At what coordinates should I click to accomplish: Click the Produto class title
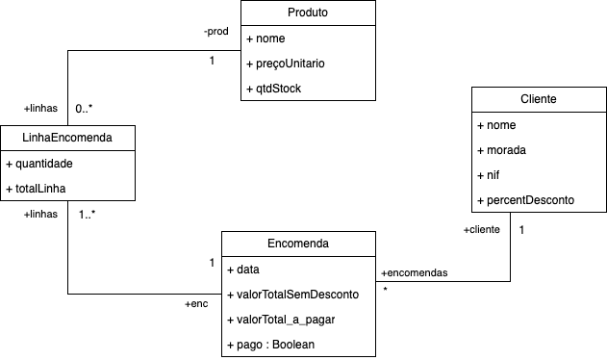(307, 13)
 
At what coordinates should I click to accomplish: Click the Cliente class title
(538, 99)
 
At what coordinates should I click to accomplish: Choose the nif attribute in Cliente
(491, 175)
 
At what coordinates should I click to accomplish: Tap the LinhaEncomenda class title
(67, 138)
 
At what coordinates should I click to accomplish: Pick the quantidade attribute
(43, 164)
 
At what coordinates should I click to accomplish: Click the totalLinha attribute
(39, 189)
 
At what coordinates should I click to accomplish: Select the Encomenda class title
(297, 244)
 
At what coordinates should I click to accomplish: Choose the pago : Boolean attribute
(274, 345)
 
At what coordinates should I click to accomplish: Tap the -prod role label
(215, 32)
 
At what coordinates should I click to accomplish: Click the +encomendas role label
(415, 272)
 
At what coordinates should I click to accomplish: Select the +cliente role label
(482, 230)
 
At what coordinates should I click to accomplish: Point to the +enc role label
(196, 304)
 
